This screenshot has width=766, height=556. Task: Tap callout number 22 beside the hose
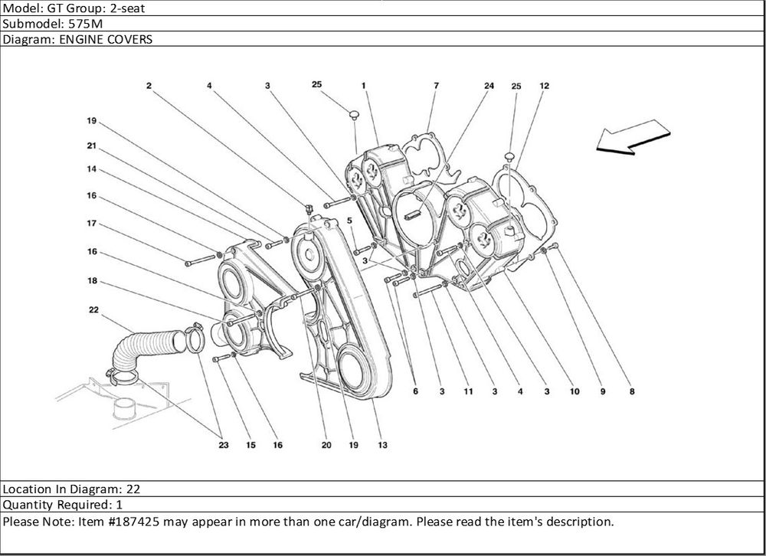[93, 310]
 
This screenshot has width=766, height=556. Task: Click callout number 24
[489, 86]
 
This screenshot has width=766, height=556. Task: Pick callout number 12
[545, 86]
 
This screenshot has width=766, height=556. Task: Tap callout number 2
[149, 86]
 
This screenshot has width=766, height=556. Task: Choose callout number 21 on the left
[91, 146]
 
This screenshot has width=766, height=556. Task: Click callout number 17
[91, 224]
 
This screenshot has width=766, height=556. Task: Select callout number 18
[91, 281]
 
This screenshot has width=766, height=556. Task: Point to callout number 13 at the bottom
[381, 445]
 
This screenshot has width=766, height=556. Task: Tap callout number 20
[326, 445]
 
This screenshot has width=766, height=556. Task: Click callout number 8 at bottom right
[631, 392]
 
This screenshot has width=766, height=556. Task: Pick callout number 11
[467, 392]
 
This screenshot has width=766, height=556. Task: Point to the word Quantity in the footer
[27, 505]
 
